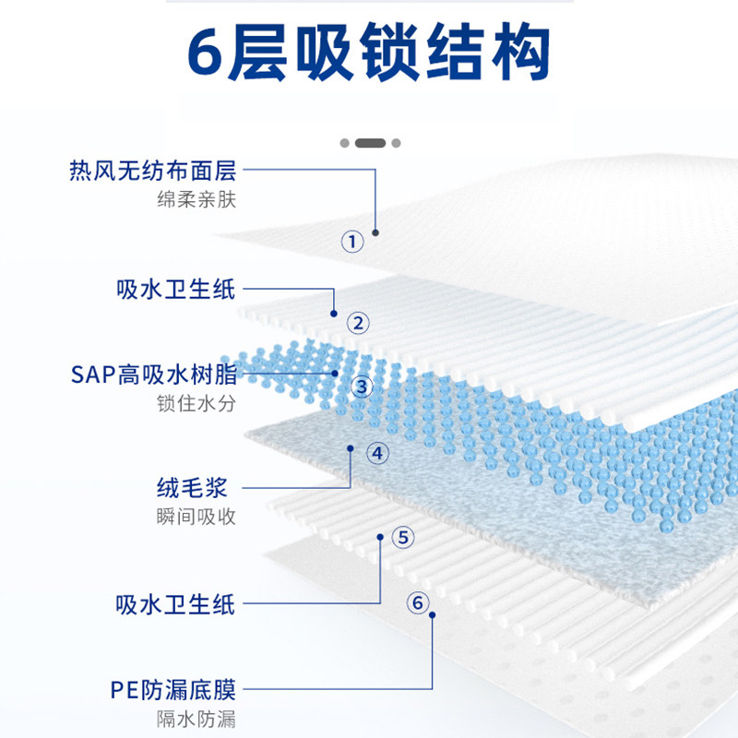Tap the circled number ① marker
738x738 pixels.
(353, 242)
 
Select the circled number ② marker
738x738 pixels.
(358, 323)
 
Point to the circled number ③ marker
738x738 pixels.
(362, 387)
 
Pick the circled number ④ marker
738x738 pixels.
(377, 453)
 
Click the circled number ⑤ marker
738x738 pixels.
(402, 537)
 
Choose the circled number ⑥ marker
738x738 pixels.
(418, 602)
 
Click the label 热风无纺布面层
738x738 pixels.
(153, 171)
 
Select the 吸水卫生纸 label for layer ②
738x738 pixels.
(176, 289)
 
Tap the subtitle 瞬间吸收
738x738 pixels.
(196, 516)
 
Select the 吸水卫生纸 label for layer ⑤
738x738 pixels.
(176, 604)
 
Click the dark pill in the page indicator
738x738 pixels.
(370, 143)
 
